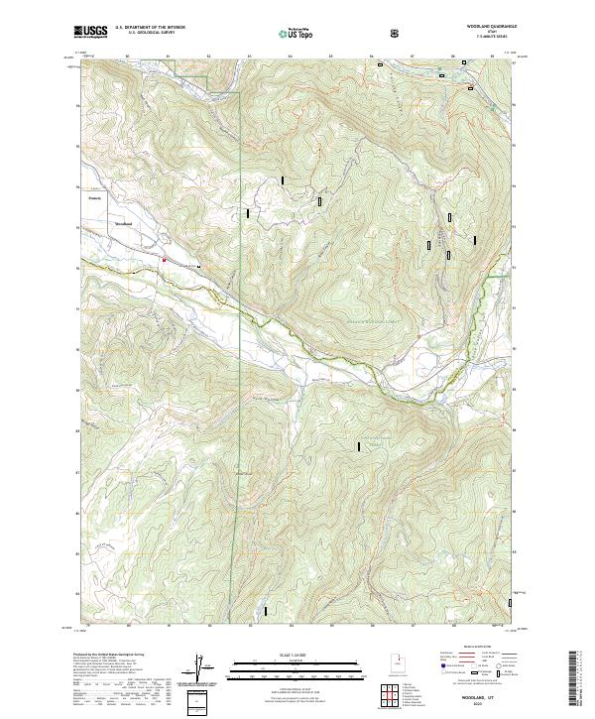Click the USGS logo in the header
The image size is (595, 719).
point(91,33)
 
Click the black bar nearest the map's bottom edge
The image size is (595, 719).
point(265,609)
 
